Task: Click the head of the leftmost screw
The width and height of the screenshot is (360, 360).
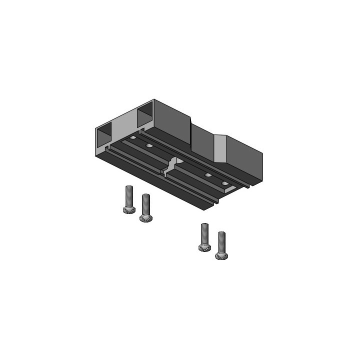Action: (x=128, y=209)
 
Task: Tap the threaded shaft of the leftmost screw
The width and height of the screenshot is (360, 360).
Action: (x=128, y=195)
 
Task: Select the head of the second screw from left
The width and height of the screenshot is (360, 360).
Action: (x=146, y=217)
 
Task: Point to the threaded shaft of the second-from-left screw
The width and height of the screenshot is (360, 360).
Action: (x=146, y=203)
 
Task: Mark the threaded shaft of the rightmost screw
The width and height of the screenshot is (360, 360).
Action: (x=221, y=240)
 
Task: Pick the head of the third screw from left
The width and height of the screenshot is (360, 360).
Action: (x=204, y=247)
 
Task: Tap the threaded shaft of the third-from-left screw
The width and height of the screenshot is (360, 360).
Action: (x=204, y=233)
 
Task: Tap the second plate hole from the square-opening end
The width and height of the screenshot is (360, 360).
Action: (x=148, y=145)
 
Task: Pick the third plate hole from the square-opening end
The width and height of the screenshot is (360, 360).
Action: (x=208, y=175)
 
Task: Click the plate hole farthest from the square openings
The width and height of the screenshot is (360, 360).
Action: (x=224, y=184)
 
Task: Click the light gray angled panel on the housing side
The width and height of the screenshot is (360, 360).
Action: (x=221, y=148)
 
